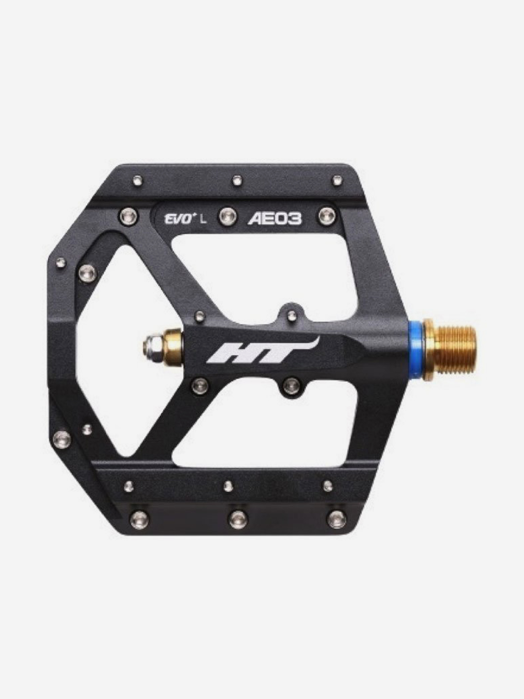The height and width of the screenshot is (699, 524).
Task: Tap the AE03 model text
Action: point(274,219)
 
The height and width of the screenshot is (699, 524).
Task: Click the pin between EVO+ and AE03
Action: point(228,217)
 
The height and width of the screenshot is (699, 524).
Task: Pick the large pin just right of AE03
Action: point(328,216)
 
